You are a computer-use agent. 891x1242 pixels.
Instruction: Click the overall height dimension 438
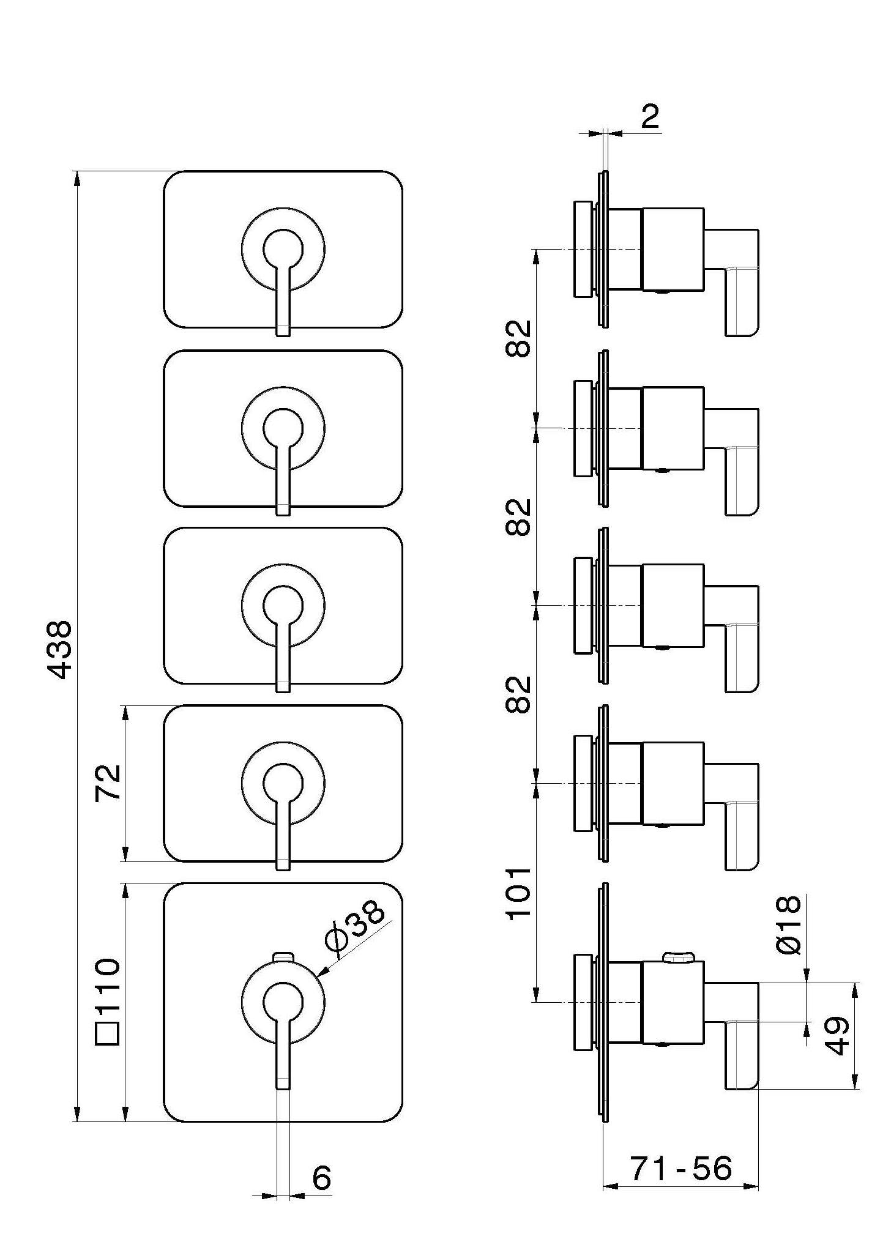point(61,650)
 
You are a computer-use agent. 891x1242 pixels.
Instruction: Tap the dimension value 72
point(108,783)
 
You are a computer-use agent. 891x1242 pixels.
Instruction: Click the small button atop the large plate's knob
point(283,955)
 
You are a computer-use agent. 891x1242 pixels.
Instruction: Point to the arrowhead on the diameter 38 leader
point(324,973)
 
